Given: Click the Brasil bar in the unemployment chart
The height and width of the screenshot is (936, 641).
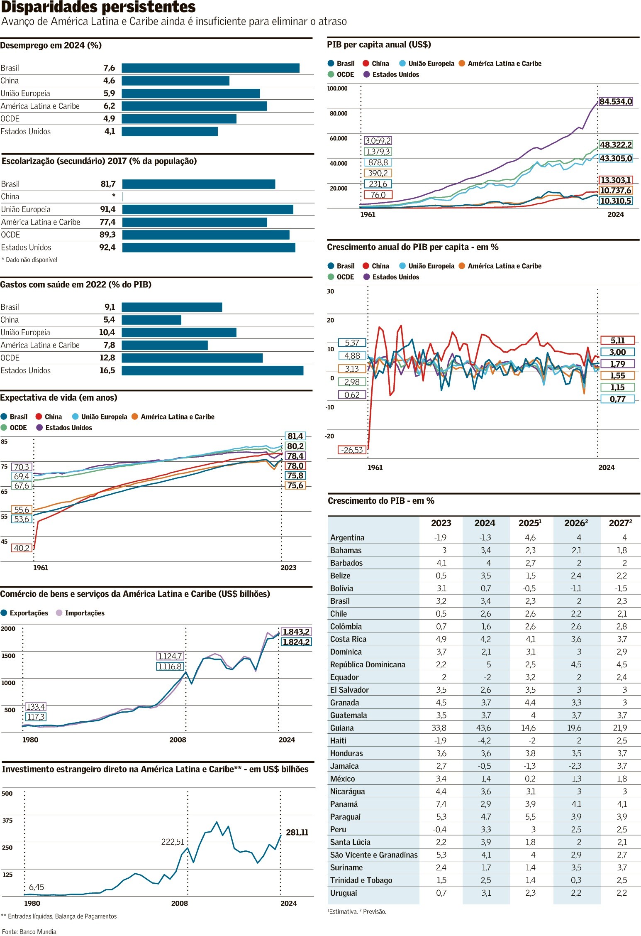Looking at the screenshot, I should (x=210, y=68).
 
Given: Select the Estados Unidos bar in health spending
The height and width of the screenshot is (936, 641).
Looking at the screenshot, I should (x=212, y=370).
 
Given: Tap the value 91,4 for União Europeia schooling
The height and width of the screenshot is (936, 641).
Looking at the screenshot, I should (x=108, y=209).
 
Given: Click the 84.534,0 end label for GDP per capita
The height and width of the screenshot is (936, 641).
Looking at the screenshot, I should (x=616, y=102).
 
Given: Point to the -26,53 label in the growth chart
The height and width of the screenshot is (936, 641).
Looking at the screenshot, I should (x=352, y=450).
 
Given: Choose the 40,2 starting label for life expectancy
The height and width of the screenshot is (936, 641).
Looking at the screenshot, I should (x=22, y=548).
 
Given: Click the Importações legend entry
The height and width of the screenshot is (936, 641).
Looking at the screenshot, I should (x=84, y=613).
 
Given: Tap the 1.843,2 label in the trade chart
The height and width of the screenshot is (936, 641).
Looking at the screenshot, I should (x=296, y=632).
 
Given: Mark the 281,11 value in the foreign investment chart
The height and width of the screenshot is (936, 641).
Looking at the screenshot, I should (x=297, y=832).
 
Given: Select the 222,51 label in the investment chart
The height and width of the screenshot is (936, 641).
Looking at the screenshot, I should (x=173, y=842).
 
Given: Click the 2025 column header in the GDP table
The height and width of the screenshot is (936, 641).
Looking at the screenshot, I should (x=530, y=523).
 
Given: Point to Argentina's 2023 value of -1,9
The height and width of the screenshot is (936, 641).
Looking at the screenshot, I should (x=440, y=538).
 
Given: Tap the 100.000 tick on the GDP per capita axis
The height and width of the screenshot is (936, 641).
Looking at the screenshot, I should (x=337, y=88).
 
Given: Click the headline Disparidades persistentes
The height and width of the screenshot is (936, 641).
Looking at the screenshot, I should (x=98, y=7).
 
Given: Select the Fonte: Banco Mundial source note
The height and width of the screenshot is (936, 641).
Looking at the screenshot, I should (x=30, y=931).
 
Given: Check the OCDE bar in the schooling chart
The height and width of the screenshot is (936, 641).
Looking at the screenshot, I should (x=206, y=235).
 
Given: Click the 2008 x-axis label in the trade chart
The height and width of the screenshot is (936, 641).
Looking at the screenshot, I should (x=178, y=740).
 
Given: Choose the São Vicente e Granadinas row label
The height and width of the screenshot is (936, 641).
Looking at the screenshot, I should (x=374, y=855).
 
